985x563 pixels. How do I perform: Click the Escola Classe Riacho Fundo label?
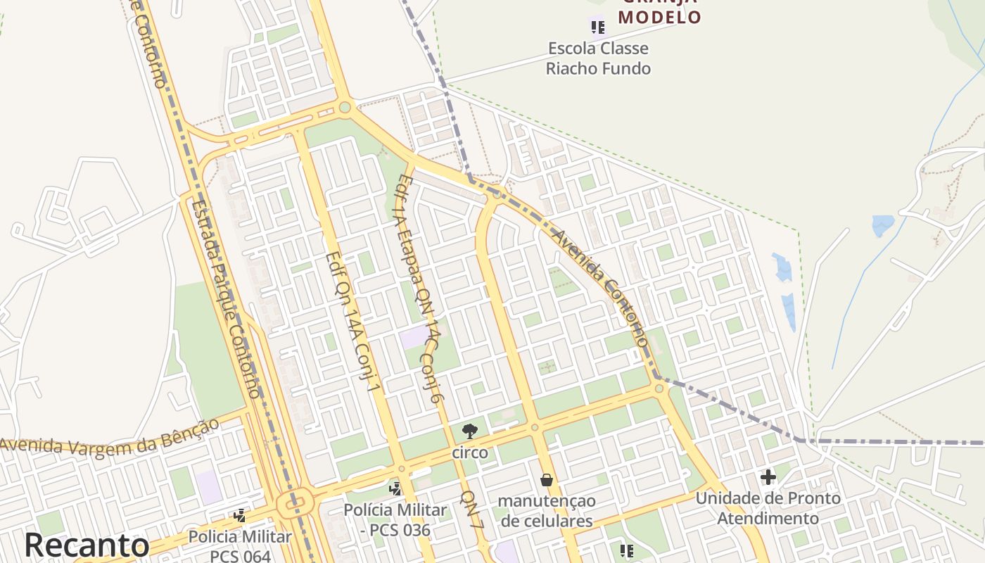pyautogui.click(x=598, y=58)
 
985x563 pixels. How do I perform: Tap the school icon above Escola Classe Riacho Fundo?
pyautogui.click(x=597, y=27)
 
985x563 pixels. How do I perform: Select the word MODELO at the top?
pyautogui.click(x=659, y=17)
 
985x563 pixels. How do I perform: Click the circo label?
pyautogui.click(x=470, y=453)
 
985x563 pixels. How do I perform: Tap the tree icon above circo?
pyautogui.click(x=469, y=431)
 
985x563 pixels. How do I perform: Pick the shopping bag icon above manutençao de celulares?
pyautogui.click(x=547, y=480)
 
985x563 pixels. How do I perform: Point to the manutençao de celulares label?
pyautogui.click(x=547, y=511)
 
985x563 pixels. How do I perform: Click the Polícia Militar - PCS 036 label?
pyautogui.click(x=395, y=520)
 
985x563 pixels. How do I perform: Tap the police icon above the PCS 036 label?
pyautogui.click(x=395, y=488)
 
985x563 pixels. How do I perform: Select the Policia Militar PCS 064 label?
pyautogui.click(x=240, y=546)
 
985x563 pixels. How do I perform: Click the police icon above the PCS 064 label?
pyautogui.click(x=240, y=516)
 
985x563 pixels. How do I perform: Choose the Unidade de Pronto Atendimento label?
pyautogui.click(x=768, y=508)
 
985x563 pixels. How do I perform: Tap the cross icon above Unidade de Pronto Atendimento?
pyautogui.click(x=768, y=477)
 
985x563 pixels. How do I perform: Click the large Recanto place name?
pyautogui.click(x=87, y=546)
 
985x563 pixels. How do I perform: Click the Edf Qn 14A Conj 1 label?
pyautogui.click(x=353, y=321)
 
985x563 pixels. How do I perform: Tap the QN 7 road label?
pyautogui.click(x=472, y=510)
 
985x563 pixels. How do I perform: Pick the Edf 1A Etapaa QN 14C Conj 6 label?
pyautogui.click(x=419, y=289)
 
